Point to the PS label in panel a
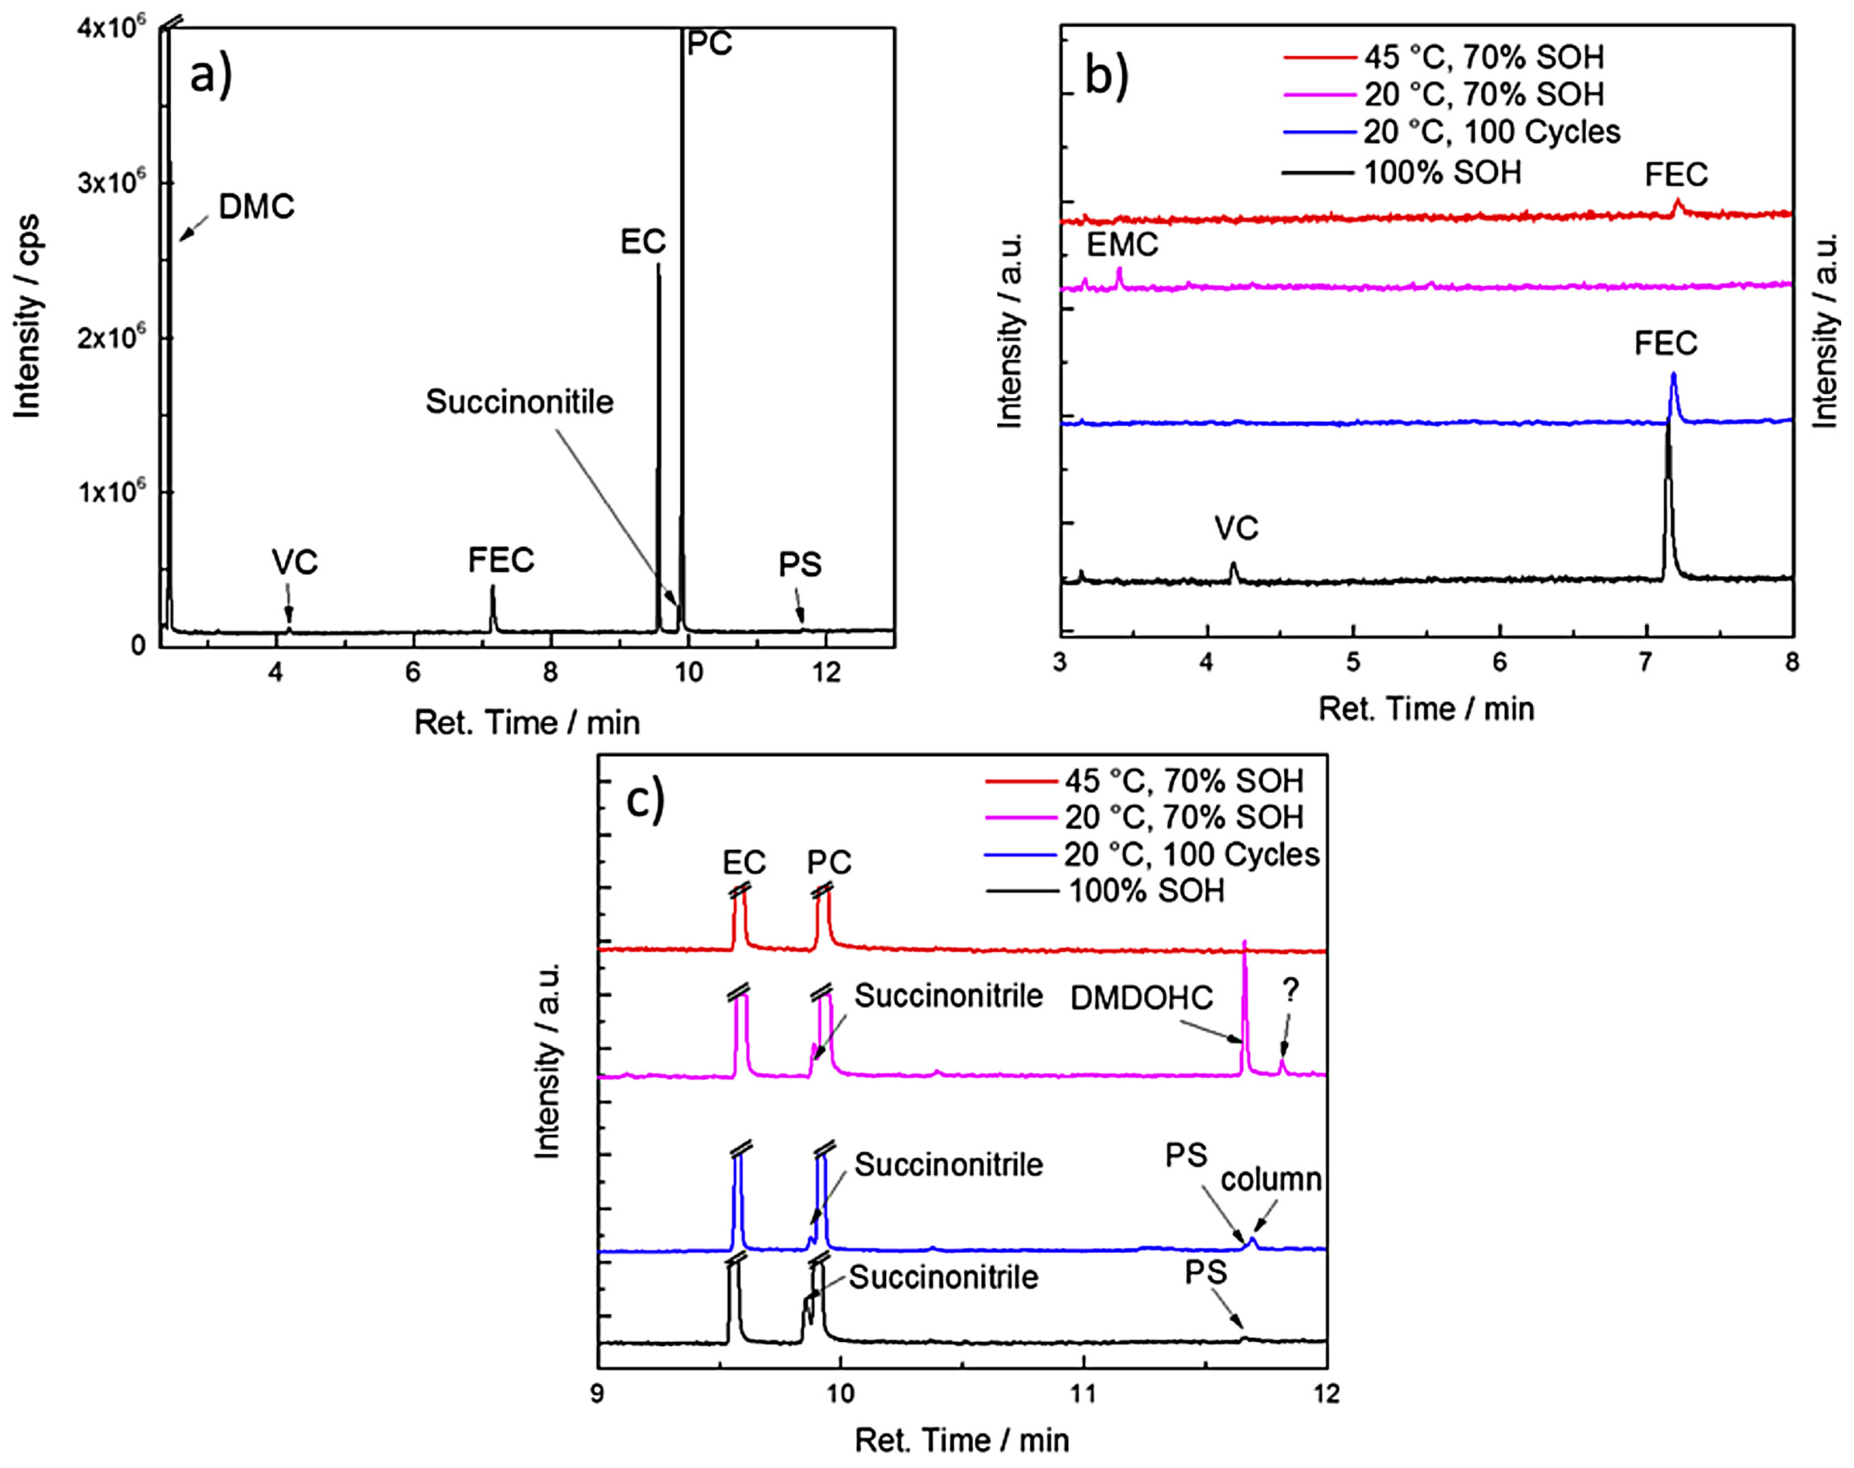799,565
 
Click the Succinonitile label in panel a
519,402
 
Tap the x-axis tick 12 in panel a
826,672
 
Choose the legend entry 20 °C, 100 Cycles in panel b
1491,132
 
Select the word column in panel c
1270,1179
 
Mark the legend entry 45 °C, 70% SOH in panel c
1183,780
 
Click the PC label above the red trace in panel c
829,861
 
